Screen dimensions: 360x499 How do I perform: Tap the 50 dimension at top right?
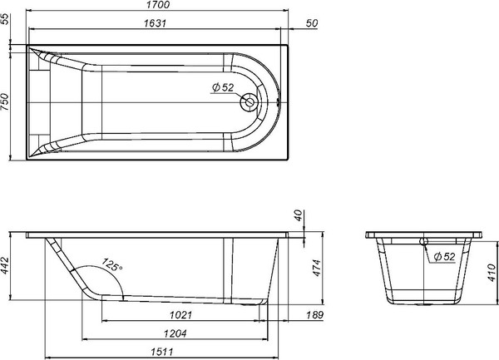(312, 22)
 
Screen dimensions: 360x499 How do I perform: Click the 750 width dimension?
(6, 104)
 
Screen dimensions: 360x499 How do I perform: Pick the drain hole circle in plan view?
(249, 103)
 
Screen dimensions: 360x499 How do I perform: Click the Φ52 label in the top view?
(223, 88)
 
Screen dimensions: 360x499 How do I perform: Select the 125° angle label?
(111, 267)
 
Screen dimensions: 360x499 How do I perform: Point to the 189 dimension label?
(314, 315)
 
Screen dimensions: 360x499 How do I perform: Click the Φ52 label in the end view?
(445, 257)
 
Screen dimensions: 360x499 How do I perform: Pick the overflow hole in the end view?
(424, 241)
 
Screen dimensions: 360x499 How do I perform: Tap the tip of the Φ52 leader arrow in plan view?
(244, 98)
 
